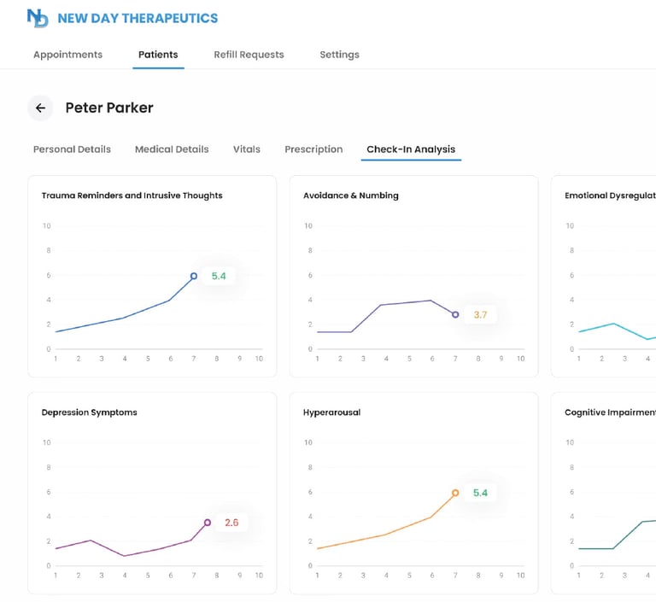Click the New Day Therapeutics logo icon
38,18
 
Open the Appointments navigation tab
67,55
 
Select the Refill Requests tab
249,55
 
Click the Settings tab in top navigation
339,55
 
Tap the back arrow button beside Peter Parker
40,108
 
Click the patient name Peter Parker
109,108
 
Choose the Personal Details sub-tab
72,149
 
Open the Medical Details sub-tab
172,149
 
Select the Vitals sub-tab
247,149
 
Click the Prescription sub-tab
313,149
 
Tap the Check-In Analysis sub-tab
411,149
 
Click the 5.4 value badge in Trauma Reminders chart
219,277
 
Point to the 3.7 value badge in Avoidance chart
480,315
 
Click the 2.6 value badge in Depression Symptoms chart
231,523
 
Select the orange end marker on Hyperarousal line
455,493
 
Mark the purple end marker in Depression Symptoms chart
207,523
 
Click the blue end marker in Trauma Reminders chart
194,276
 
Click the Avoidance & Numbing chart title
351,196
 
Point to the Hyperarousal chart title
331,412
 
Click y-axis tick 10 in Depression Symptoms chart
46,442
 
